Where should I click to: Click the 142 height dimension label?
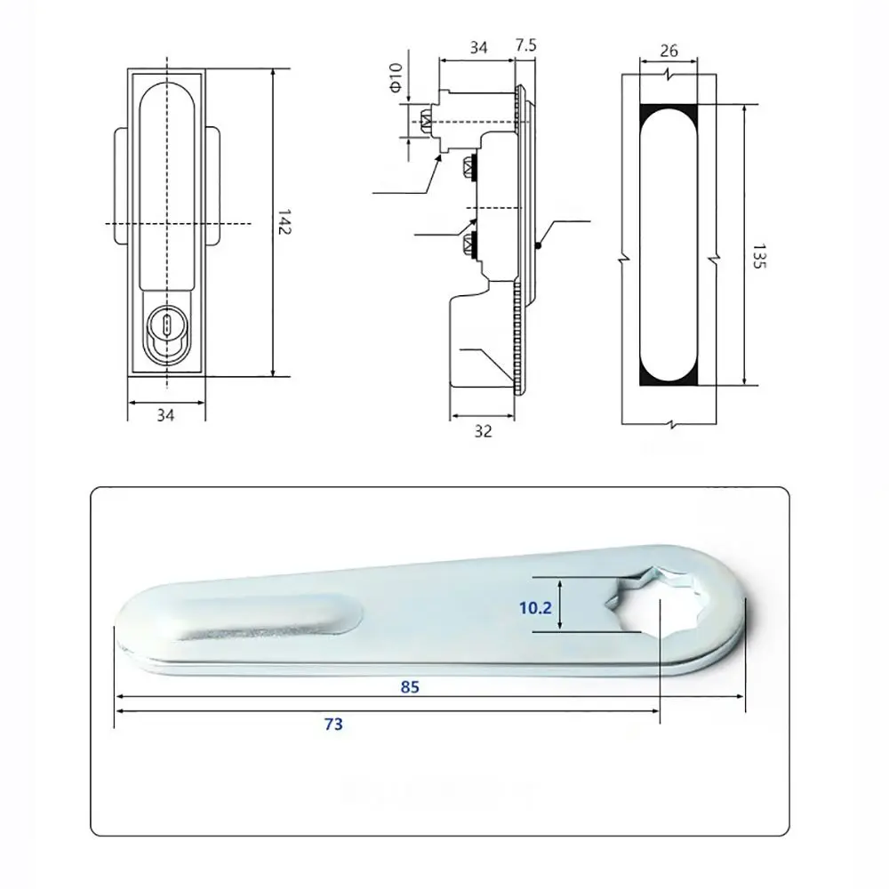pos(284,222)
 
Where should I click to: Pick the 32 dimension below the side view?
pos(483,431)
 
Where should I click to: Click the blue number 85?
pos(409,686)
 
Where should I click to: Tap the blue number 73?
pos(332,725)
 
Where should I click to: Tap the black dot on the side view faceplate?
pos(539,246)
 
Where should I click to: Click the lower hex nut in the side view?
pos(465,245)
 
